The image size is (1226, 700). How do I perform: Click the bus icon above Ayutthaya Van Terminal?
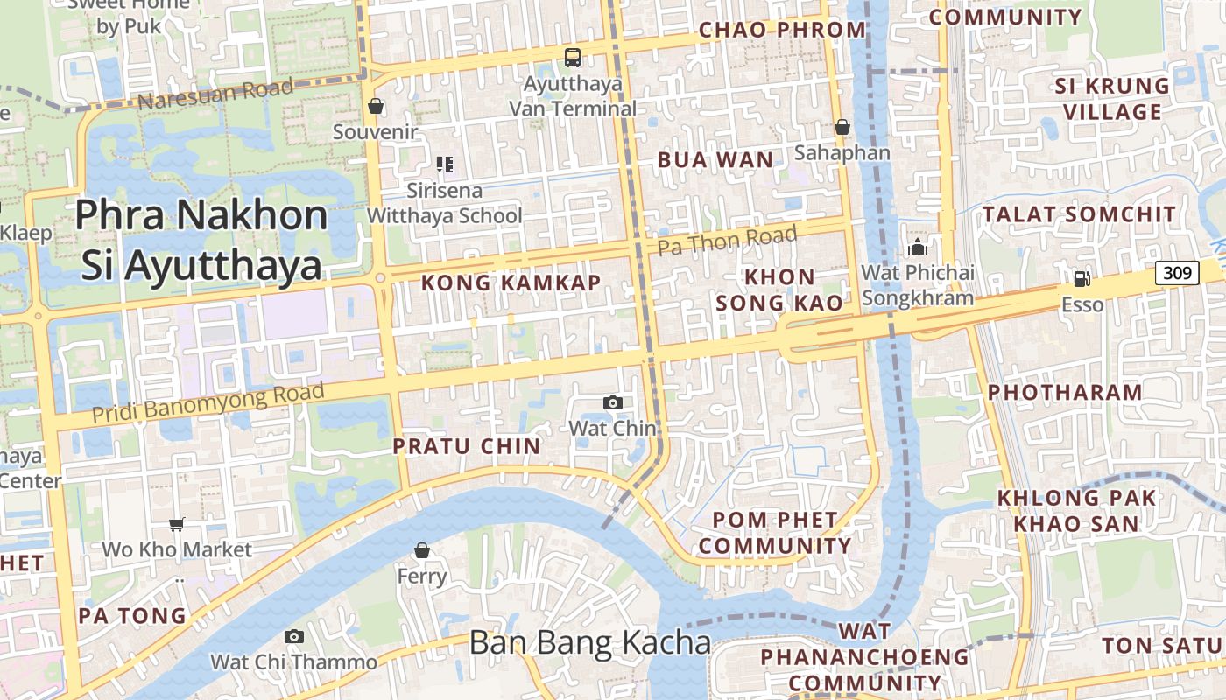point(573,58)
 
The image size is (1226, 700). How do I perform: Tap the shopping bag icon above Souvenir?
point(376,106)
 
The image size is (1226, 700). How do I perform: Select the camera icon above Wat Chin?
point(613,402)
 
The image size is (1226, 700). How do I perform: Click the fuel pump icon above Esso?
point(1082,278)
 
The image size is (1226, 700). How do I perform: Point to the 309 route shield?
point(1177,273)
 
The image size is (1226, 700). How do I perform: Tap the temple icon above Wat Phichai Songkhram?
point(918,247)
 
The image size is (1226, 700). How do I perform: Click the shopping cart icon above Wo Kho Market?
point(177,524)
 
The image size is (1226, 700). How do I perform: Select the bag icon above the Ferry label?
point(422,550)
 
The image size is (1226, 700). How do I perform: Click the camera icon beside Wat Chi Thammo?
point(294,636)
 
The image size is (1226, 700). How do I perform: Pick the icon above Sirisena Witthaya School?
point(444,164)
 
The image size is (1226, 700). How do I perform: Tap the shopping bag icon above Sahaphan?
point(842,127)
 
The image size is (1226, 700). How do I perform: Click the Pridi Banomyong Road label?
point(208,400)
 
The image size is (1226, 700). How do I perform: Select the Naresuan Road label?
point(215,94)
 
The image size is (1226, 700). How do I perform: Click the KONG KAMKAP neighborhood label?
point(511,283)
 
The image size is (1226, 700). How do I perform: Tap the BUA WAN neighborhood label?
point(715,159)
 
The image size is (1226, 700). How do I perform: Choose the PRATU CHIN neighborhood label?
point(467,446)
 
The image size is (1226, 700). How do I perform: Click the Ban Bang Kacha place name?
point(590,643)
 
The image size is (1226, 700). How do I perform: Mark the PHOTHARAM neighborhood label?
point(1065,392)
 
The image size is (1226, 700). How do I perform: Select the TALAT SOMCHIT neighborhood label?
point(1079,214)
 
